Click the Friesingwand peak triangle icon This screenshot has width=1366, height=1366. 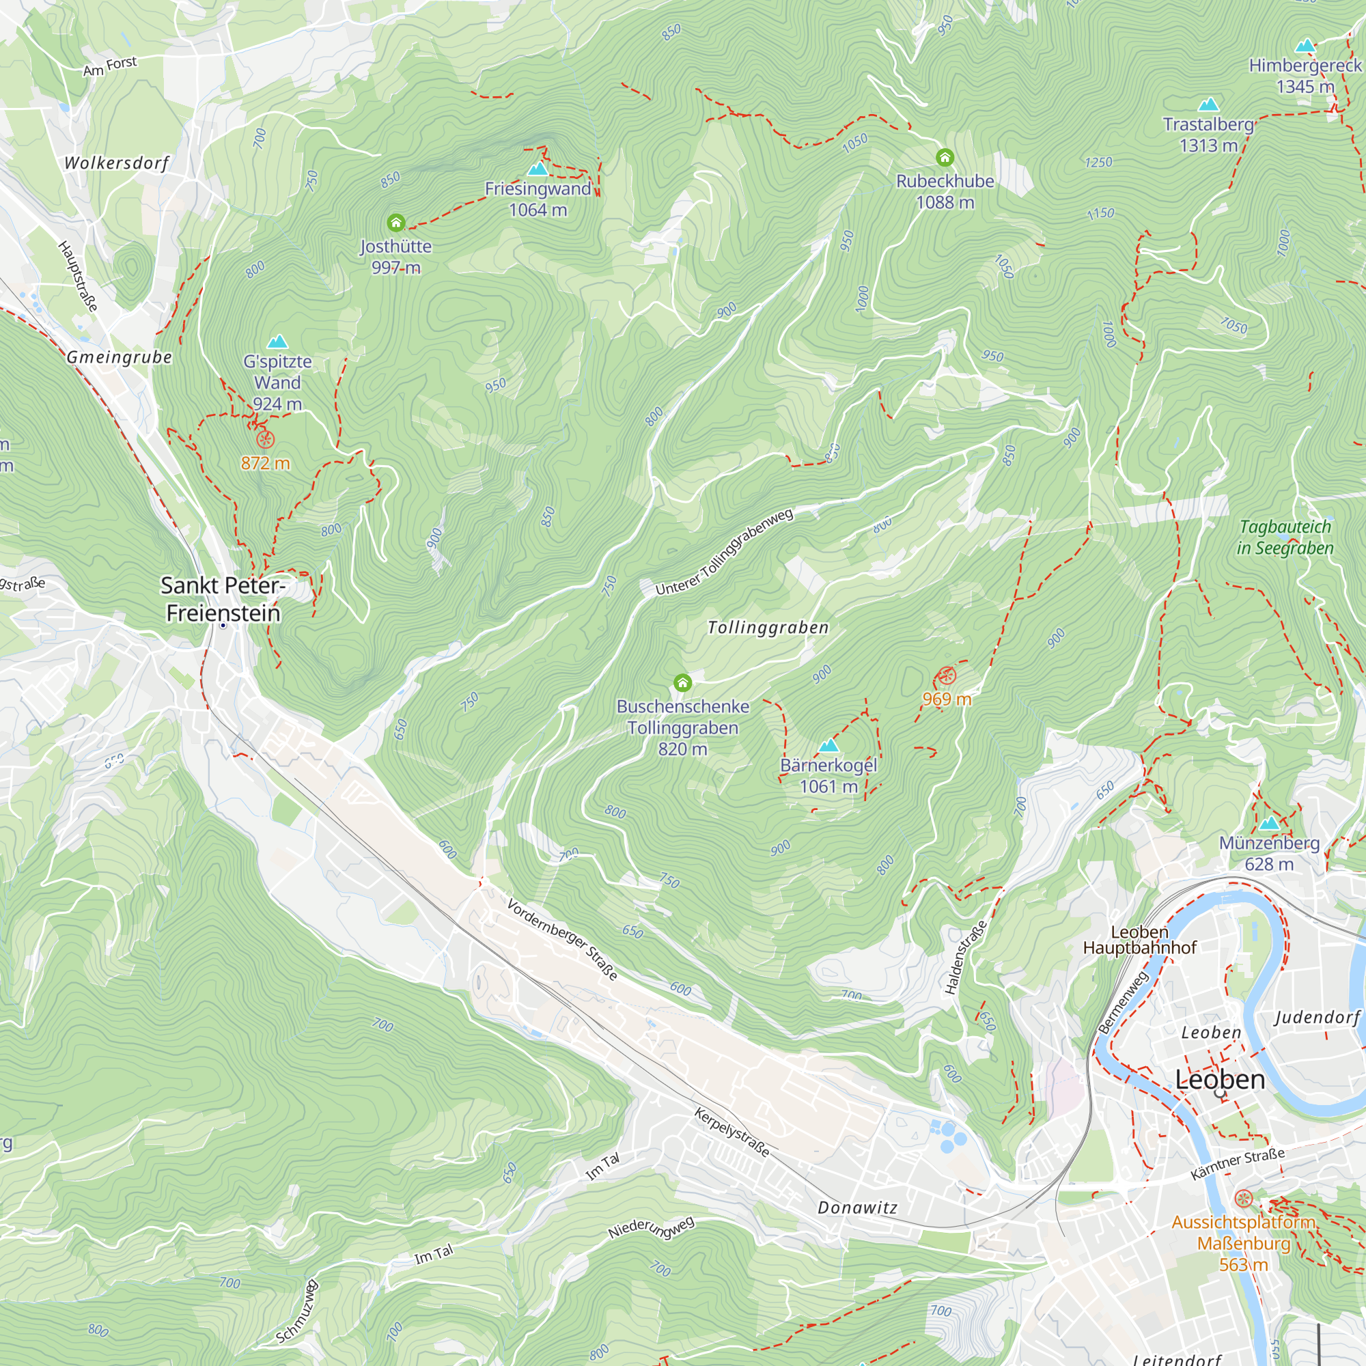click(538, 169)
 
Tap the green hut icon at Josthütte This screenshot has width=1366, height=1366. click(396, 223)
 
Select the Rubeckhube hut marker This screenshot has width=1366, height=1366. click(945, 158)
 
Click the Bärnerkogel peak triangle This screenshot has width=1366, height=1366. click(828, 745)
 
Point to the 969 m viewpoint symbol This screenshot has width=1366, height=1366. click(946, 676)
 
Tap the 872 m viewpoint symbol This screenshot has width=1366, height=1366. click(265, 440)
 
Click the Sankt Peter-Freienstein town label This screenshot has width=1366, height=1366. click(223, 599)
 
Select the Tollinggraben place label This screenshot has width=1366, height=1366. click(768, 628)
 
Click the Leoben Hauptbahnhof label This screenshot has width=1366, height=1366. click(1139, 940)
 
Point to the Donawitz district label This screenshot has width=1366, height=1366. click(857, 1208)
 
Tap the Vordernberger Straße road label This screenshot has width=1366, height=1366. click(563, 939)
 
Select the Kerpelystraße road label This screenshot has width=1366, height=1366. click(731, 1132)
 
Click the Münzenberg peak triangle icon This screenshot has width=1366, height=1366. click(1269, 823)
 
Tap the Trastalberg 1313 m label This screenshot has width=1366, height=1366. click(1208, 135)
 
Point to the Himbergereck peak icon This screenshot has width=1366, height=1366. click(1305, 46)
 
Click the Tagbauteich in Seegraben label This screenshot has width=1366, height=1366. click(1285, 538)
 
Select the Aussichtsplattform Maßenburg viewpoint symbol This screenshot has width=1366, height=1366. click(1244, 1199)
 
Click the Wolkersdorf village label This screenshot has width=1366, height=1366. click(117, 163)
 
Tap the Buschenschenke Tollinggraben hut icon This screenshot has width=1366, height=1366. click(682, 683)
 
